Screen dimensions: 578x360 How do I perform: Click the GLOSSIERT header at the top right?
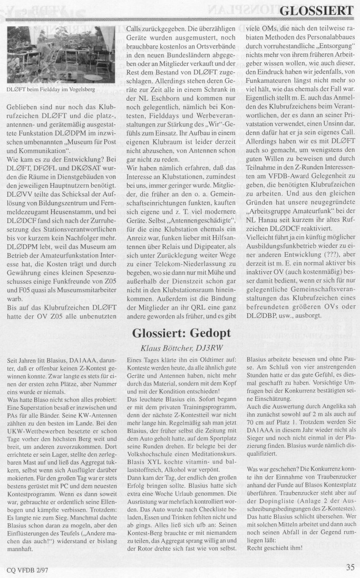(316, 11)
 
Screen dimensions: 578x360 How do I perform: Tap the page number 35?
(350, 567)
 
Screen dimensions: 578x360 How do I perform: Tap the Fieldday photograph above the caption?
(63, 55)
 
